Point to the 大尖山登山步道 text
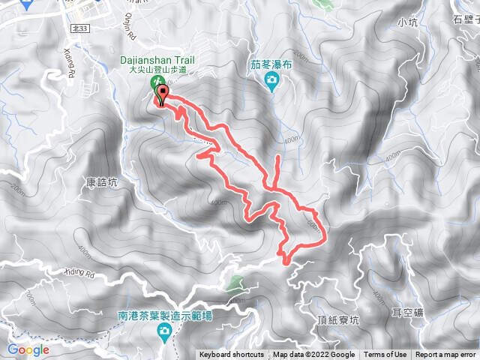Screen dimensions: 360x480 tap(157, 70)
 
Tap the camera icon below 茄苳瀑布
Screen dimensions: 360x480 tap(272, 80)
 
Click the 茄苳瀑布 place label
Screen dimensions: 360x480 tap(272, 64)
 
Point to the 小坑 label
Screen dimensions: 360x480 tap(408, 22)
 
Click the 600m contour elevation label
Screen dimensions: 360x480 tap(313, 224)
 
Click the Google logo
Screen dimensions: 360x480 tap(28, 349)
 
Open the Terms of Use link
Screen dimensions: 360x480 tap(385, 355)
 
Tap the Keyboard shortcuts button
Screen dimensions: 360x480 tap(232, 355)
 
